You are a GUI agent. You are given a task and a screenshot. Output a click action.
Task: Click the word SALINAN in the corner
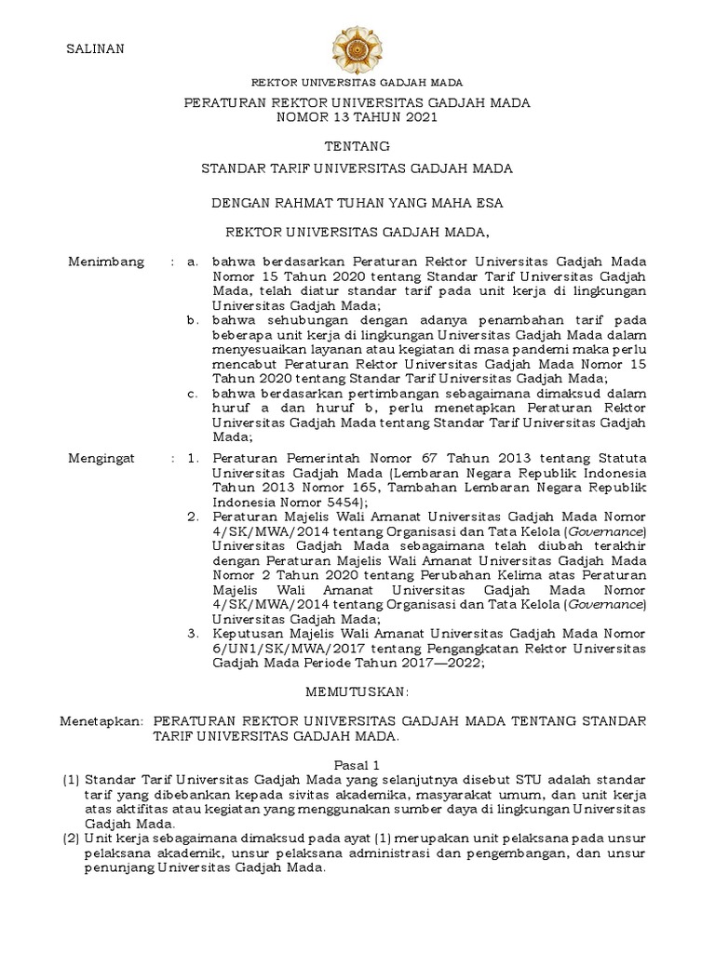pos(94,49)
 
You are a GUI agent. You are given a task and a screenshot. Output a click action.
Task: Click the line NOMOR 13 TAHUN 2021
pos(357,118)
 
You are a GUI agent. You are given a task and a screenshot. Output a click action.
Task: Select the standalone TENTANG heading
pos(357,147)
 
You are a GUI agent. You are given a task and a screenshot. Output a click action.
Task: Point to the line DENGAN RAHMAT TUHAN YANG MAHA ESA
pos(357,200)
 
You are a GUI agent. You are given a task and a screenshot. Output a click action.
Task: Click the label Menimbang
pos(106,262)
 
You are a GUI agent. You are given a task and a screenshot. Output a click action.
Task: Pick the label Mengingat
pos(102,459)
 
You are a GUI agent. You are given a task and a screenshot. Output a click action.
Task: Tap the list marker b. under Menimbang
pos(193,320)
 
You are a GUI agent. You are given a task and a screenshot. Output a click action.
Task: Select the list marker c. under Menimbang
pos(193,393)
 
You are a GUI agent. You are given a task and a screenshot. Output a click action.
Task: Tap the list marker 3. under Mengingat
pos(193,633)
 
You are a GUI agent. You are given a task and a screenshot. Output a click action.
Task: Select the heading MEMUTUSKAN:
pos(357,693)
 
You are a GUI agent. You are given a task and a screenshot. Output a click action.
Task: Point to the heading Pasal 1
pos(357,762)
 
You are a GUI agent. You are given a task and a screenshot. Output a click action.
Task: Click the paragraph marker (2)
pos(71,839)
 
